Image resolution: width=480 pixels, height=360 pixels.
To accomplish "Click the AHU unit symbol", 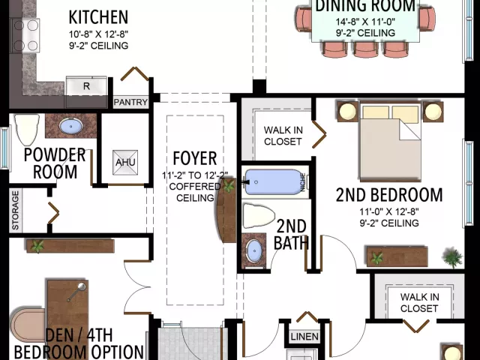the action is click(x=125, y=162).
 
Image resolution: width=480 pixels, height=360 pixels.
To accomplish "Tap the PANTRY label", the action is click(x=130, y=102).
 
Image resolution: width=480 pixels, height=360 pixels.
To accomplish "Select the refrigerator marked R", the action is click(x=87, y=86).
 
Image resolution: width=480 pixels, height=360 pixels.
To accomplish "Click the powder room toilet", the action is click(x=27, y=130).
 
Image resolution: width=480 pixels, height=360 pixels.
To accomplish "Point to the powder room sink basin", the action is click(x=70, y=126).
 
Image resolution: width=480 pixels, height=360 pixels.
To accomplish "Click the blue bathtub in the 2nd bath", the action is click(x=274, y=182).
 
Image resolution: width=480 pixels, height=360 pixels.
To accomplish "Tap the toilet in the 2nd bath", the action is click(x=259, y=216).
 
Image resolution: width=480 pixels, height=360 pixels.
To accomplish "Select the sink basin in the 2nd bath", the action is click(x=255, y=250).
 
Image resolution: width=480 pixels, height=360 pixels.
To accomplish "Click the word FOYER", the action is click(x=195, y=158).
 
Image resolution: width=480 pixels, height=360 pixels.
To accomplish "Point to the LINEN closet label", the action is click(x=304, y=337).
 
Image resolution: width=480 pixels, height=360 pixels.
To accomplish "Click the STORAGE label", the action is click(x=15, y=210).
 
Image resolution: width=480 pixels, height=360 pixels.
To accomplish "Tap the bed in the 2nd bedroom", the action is click(x=390, y=142).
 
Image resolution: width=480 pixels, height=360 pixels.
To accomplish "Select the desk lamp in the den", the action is click(x=77, y=292).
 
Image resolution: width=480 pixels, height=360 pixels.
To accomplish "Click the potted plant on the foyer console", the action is click(x=229, y=185).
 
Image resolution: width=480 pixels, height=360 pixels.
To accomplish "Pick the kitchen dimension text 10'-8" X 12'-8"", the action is click(x=98, y=34).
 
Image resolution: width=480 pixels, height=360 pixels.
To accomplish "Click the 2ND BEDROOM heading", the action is click(x=389, y=195).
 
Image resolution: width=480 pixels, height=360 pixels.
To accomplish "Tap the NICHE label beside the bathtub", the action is click(x=303, y=182).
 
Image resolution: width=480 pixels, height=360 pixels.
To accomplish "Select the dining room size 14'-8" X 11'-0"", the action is click(x=365, y=22).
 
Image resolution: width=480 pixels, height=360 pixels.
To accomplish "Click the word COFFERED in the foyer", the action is click(x=195, y=187).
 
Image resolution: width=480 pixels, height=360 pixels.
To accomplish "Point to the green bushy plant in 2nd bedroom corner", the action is click(x=452, y=257).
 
